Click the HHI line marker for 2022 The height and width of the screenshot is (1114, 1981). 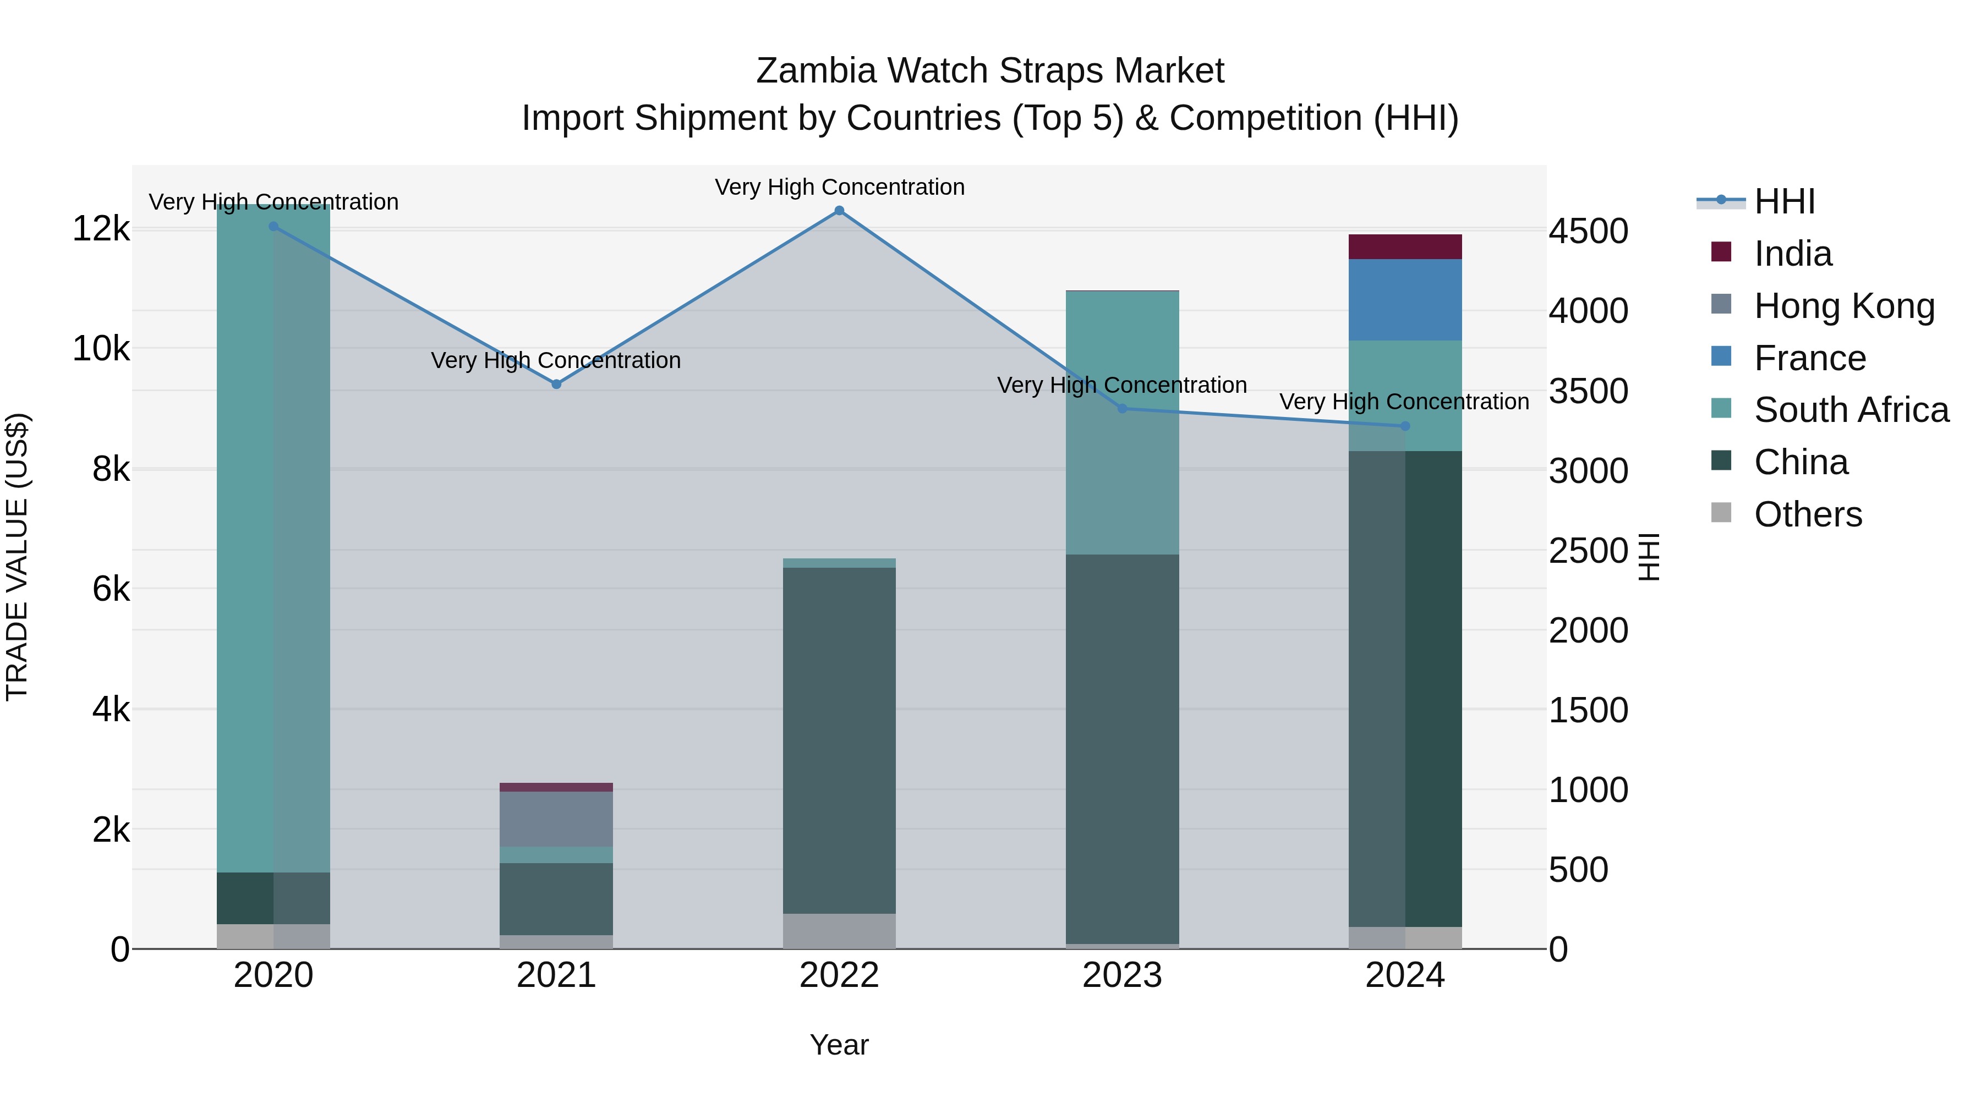point(839,211)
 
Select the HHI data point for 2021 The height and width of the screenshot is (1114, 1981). point(556,383)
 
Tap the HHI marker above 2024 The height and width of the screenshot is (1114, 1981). point(1405,426)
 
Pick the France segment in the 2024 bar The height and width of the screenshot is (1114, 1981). point(1405,300)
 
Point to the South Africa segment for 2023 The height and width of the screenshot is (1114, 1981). point(1122,423)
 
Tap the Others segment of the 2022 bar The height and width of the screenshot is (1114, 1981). point(839,931)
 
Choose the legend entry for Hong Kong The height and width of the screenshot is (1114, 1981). point(1843,306)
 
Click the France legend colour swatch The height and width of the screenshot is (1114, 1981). point(1721,356)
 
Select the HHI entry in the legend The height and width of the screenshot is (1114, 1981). point(1784,201)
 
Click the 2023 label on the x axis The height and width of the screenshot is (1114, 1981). point(1122,975)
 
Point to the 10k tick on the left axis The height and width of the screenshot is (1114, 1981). point(101,349)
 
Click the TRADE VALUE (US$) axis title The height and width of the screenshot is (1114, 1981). point(17,557)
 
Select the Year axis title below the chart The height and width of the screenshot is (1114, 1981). point(839,1045)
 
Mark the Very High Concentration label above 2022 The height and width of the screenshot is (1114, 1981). point(839,187)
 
